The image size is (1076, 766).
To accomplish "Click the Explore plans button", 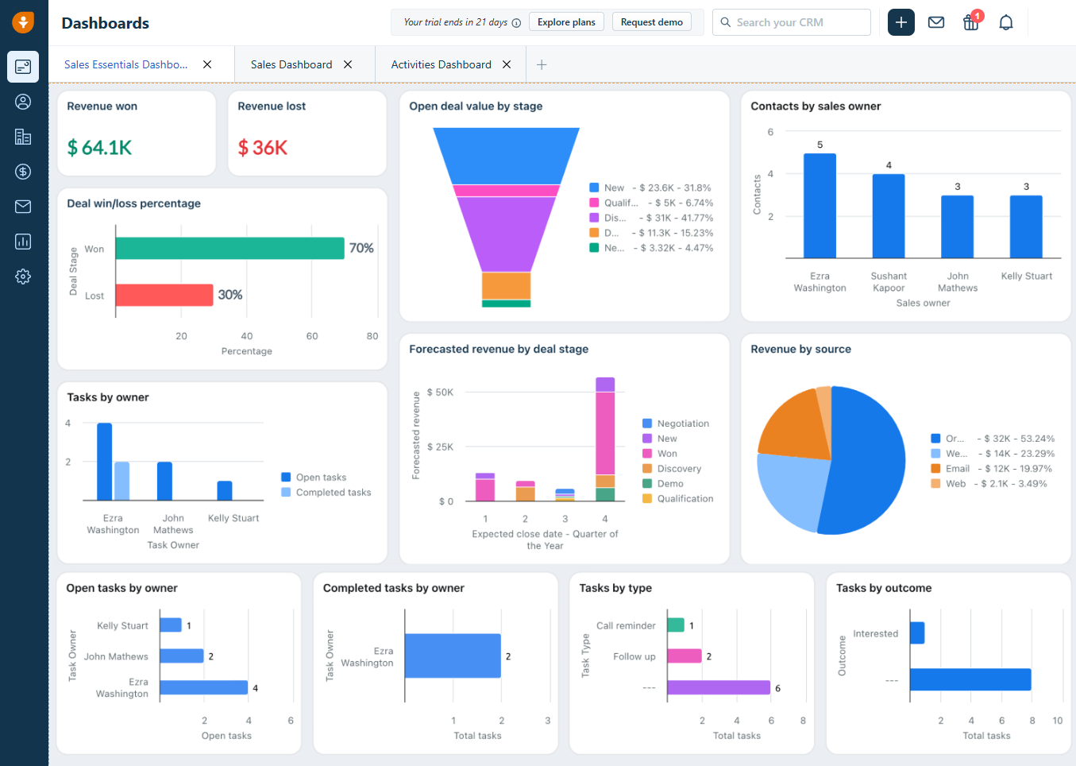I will [566, 22].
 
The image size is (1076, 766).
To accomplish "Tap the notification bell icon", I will [1005, 22].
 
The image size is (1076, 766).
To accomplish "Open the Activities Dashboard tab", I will [441, 64].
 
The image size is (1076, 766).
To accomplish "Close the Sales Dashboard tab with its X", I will [348, 64].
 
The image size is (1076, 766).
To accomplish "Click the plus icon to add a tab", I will [542, 64].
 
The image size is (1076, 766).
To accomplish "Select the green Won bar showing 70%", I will [229, 248].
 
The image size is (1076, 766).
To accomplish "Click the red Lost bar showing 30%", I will [164, 295].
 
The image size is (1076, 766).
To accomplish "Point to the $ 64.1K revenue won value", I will [99, 148].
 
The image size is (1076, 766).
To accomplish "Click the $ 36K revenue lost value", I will [263, 148].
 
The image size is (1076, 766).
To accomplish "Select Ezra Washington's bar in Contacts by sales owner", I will [820, 206].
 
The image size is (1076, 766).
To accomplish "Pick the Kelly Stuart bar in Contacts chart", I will [1026, 226].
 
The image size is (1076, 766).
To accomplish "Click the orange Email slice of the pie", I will [790, 425].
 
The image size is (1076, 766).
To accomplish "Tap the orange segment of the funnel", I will [506, 285].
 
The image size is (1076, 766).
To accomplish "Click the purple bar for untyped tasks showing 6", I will [718, 687].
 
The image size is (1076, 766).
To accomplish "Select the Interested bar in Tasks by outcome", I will [917, 633].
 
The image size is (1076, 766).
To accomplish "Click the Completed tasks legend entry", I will [333, 493].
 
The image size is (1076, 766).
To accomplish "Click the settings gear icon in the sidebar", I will [23, 277].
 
